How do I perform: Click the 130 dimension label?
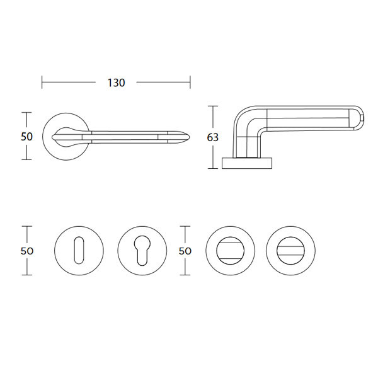[x=116, y=83]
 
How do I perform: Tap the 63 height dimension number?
[x=213, y=137]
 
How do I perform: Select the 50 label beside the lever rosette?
[x=26, y=137]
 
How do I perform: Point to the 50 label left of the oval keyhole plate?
[x=26, y=251]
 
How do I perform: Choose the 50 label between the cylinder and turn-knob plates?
[x=185, y=251]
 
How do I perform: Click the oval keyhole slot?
[x=79, y=251]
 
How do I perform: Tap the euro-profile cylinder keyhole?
[x=142, y=251]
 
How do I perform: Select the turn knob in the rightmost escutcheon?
[x=290, y=251]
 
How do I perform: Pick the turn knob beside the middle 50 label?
[x=230, y=251]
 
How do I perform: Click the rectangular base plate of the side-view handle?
[x=247, y=163]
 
